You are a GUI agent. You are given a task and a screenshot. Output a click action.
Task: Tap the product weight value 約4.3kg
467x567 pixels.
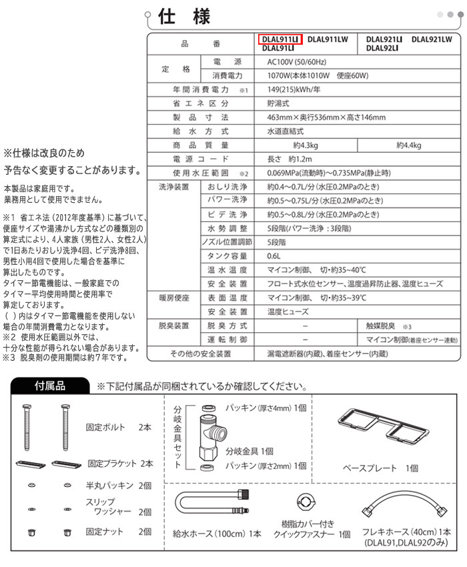tap(306, 145)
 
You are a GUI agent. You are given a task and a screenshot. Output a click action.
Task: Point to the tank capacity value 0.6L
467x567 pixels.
tap(274, 256)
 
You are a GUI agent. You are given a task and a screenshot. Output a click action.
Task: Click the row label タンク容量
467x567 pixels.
tap(227, 256)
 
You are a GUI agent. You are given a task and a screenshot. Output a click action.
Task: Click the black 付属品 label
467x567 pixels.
tap(50, 386)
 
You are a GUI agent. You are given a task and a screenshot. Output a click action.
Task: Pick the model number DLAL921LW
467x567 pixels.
tap(432, 39)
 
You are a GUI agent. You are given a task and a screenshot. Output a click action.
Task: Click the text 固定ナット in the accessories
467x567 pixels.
tap(104, 532)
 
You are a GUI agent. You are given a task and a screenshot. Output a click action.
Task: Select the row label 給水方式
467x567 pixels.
tap(201, 131)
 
